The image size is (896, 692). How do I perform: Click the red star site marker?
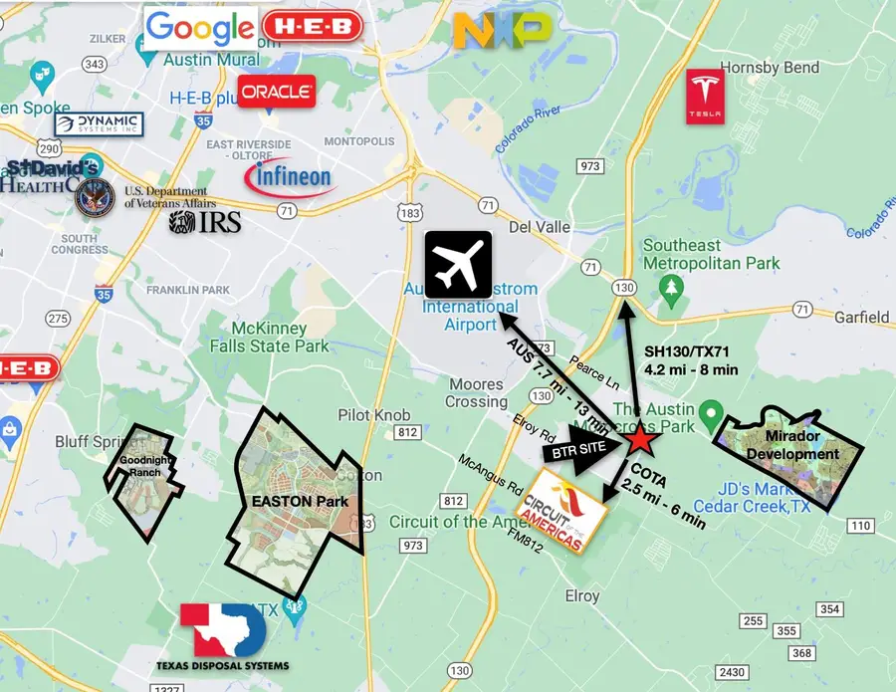pos(641,438)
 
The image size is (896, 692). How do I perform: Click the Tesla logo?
pos(705,97)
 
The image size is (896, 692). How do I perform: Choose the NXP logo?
pos(502,30)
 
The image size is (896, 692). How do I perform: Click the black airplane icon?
pos(458,264)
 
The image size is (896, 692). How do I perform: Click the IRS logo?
pos(205,221)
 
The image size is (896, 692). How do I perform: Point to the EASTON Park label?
pos(299,500)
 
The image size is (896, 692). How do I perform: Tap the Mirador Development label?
pos(801,446)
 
